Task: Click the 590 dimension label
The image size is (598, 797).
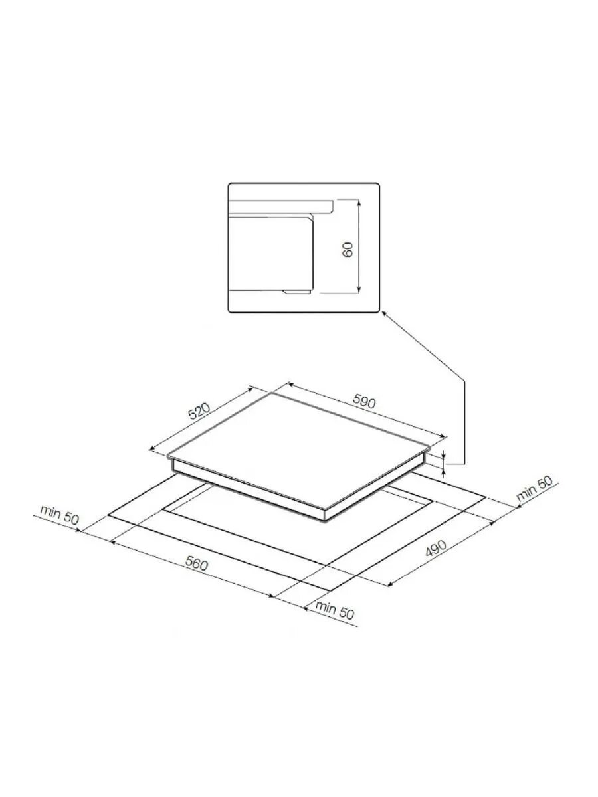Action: point(363,402)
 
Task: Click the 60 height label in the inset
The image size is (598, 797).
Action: point(348,249)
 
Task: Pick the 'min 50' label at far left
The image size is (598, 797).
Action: point(59,515)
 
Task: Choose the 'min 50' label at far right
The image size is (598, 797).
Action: point(534,489)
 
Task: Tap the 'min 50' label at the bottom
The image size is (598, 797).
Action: point(334,611)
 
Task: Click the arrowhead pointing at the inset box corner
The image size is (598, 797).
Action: point(383,315)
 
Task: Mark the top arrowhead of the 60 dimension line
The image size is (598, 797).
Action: point(359,202)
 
